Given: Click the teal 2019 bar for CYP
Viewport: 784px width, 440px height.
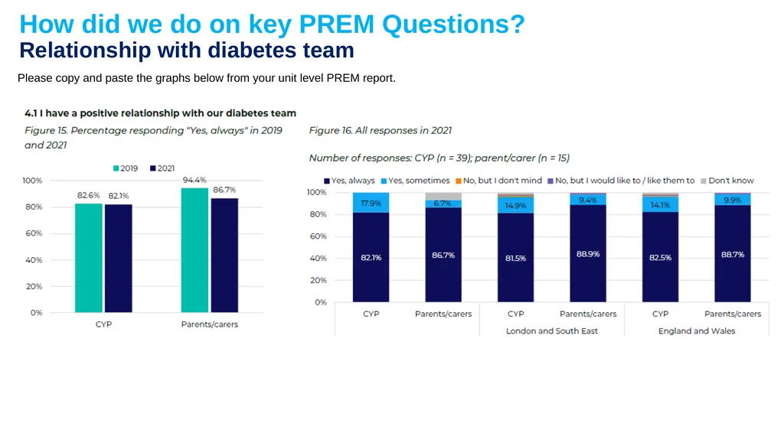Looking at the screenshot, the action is tap(89, 258).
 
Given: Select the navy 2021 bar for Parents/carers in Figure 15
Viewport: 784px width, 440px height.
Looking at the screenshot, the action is tap(224, 256).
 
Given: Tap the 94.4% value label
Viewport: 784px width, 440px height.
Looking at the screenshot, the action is tap(194, 180).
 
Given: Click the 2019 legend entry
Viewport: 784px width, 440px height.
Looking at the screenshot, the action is tap(126, 168).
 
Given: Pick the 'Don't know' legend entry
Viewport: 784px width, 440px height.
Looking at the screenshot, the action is tap(727, 181).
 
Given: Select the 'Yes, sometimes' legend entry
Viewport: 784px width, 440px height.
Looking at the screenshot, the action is tap(415, 181).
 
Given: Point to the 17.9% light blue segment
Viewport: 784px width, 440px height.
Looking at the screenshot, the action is tap(371, 203).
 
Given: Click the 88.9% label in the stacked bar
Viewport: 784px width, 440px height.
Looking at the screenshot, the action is tap(588, 254).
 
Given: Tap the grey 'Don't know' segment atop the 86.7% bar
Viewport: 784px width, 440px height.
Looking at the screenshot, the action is tap(443, 197).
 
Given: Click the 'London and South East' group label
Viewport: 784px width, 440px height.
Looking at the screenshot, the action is tap(551, 331).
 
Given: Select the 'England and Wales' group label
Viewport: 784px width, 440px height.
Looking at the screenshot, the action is tap(697, 331).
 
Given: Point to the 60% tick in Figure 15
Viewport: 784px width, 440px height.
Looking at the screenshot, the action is tap(34, 233).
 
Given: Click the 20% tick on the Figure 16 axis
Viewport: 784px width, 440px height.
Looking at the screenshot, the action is tap(318, 281).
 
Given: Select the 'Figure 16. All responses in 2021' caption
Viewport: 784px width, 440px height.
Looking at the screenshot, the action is tap(380, 131).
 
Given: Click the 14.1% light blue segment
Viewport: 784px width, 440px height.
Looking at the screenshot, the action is tap(661, 204).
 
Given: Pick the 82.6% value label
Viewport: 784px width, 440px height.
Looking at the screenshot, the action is tap(89, 195).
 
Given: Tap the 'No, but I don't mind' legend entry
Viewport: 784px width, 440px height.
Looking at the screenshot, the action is tap(498, 181).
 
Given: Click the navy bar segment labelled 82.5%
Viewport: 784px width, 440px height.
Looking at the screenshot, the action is tap(661, 257).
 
